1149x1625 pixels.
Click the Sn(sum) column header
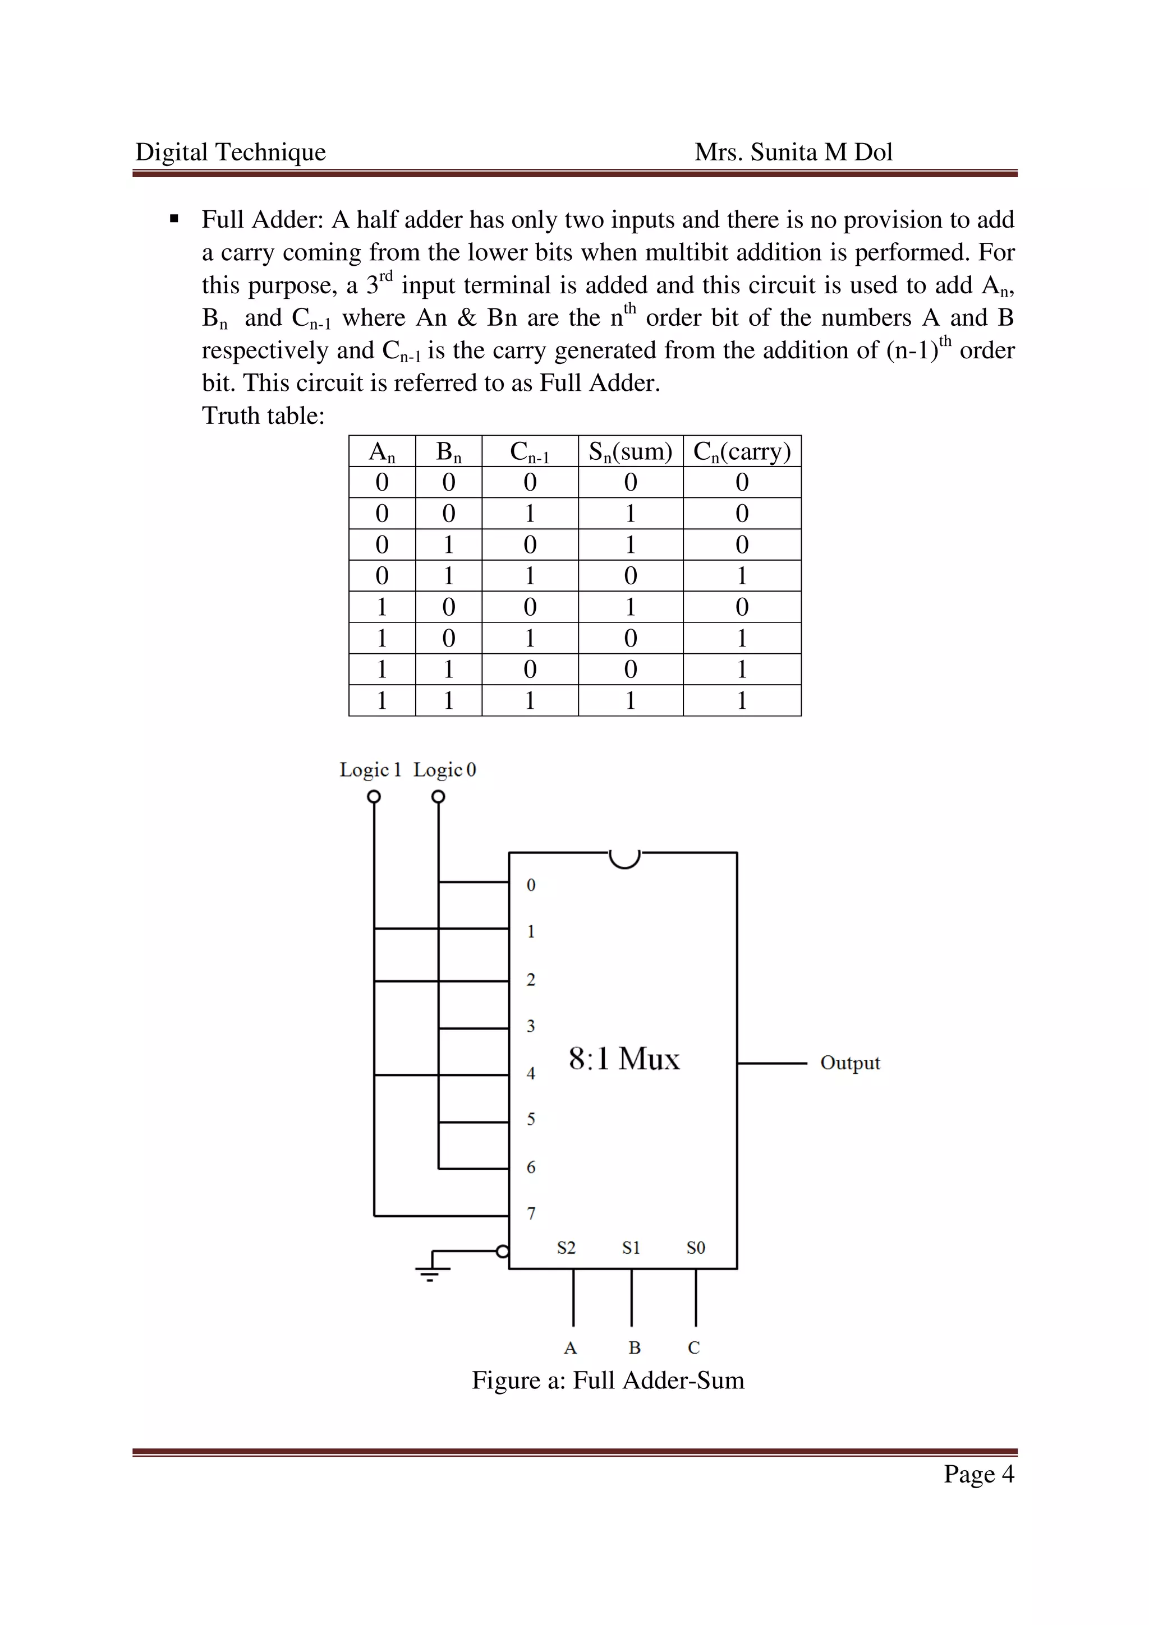point(630,451)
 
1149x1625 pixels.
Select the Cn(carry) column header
point(741,451)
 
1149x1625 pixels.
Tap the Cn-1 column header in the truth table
point(529,451)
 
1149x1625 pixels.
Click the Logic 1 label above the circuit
point(370,769)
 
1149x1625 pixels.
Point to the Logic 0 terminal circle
point(438,796)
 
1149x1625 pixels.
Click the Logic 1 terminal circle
point(374,796)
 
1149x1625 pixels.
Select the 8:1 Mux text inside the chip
point(624,1059)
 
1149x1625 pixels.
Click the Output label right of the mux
point(849,1063)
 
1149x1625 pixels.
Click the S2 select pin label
point(566,1247)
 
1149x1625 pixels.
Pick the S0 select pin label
point(695,1247)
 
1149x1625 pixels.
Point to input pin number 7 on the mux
point(531,1213)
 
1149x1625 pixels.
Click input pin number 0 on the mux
point(531,885)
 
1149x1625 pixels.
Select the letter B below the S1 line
point(635,1347)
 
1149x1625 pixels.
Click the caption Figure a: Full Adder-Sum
point(608,1380)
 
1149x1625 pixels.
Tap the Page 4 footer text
point(978,1474)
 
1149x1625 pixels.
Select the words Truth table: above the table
point(263,416)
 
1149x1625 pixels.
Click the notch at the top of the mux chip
point(624,858)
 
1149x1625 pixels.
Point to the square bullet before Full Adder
point(174,219)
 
